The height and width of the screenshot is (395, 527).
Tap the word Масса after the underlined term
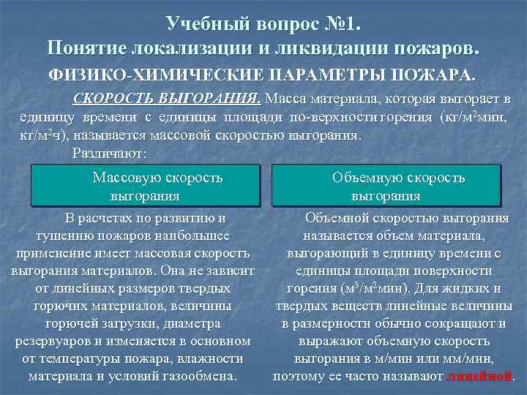pos(288,98)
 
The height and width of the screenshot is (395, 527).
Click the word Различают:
pos(110,154)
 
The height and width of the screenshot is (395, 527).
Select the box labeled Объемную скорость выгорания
pos(386,186)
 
